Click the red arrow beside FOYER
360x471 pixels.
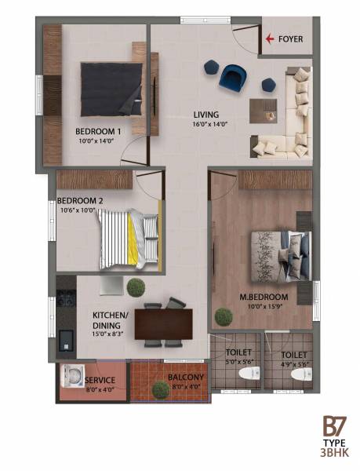pos(271,38)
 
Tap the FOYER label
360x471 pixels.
pos(290,38)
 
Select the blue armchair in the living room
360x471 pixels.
pos(233,76)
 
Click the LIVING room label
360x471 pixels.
pos(206,115)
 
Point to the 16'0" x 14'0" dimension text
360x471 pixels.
pos(206,124)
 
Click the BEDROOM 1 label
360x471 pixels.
pos(98,131)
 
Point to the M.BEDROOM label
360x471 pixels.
pos(264,298)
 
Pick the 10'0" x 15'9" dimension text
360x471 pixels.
pos(264,308)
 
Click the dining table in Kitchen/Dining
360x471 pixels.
pos(163,323)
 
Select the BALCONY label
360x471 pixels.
pos(186,377)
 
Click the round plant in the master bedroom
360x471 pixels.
pos(224,316)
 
